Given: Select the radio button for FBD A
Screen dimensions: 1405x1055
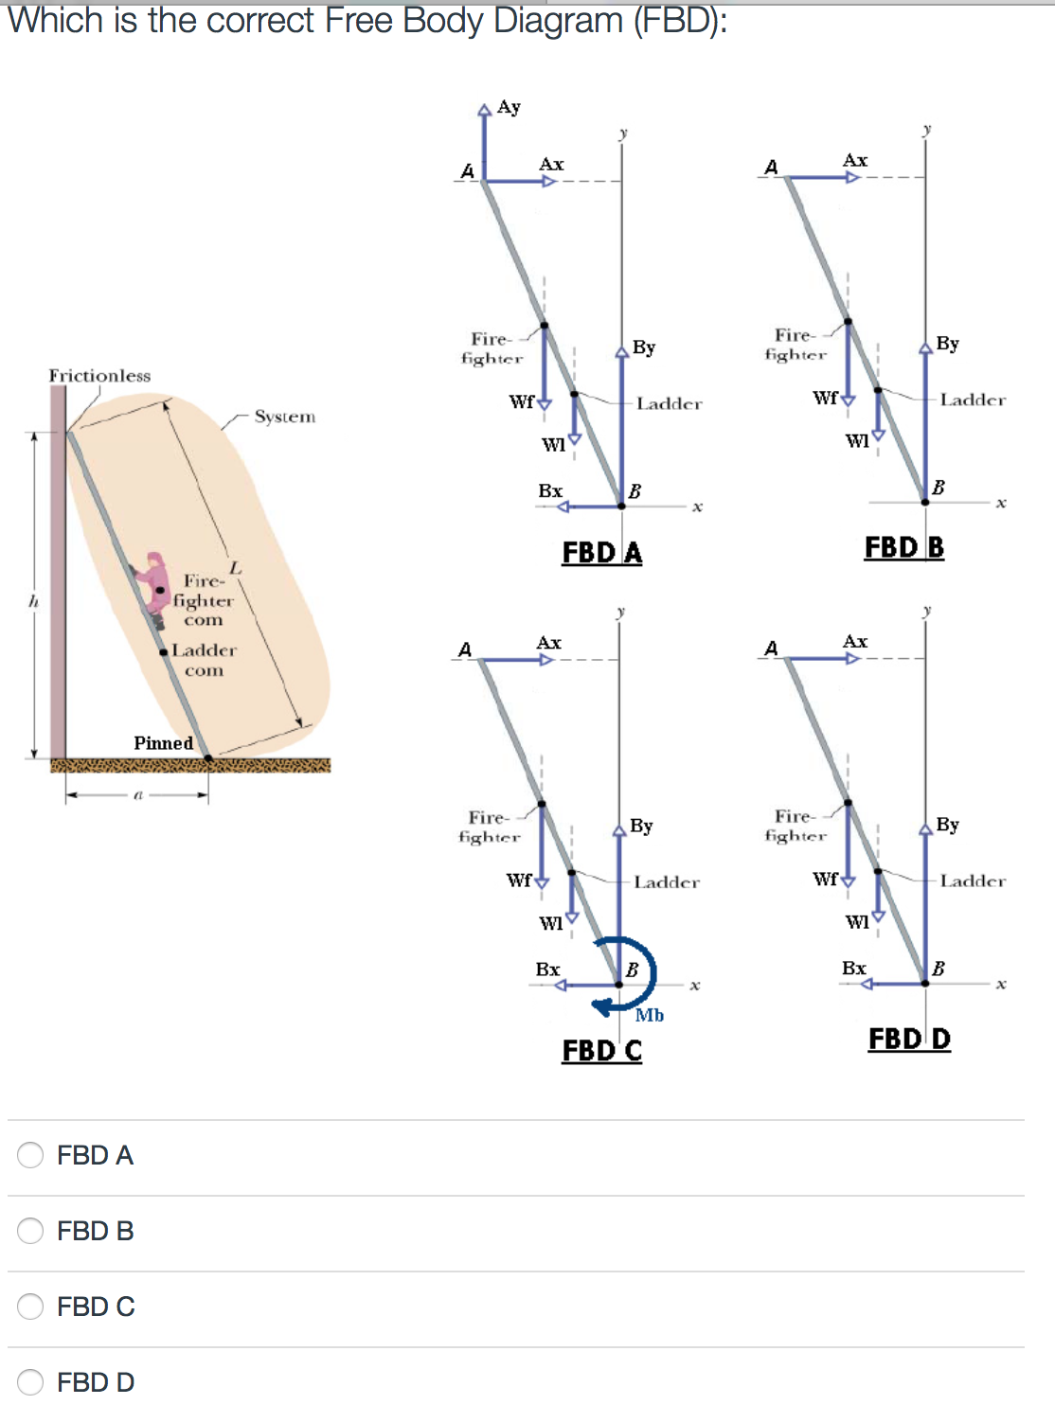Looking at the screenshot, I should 30,1154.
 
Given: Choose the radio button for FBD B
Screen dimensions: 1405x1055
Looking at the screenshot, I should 30,1230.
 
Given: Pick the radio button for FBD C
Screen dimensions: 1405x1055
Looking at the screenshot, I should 30,1306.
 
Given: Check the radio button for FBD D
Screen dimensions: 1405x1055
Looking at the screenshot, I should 30,1381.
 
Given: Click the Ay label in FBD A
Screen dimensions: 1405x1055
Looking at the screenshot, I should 509,107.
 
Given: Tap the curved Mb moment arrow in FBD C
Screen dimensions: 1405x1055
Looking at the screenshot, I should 644,975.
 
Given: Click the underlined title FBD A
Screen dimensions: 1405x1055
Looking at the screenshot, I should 602,553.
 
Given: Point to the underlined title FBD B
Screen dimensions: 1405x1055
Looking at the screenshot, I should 904,548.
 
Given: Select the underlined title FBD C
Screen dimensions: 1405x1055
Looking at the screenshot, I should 602,1051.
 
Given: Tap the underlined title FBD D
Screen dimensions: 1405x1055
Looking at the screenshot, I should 909,1040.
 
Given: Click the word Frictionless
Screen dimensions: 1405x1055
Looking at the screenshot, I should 99,376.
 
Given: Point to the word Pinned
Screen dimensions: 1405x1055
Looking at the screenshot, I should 163,743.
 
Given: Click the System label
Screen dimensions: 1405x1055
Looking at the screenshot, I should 284,417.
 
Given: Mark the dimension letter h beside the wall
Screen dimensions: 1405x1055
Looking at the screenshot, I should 33,601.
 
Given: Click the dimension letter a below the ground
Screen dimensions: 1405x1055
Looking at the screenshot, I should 137,795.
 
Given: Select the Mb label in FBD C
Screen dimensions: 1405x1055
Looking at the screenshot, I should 650,1016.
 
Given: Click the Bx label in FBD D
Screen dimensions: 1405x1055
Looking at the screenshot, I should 854,968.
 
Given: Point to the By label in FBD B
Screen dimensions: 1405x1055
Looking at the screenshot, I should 947,344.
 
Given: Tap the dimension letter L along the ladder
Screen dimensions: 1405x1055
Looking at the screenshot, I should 235,567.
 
